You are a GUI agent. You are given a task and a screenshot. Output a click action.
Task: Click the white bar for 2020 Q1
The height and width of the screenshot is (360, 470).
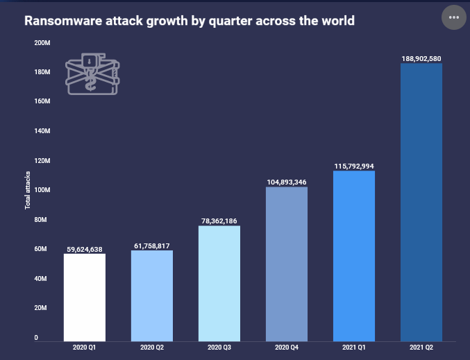point(85,296)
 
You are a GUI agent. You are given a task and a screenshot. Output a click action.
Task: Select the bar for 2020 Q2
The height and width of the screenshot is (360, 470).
point(152,295)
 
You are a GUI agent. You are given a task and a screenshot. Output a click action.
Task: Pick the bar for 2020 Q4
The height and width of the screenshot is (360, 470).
point(287,263)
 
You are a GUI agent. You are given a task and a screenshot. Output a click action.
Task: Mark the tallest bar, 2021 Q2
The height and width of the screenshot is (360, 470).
point(421,201)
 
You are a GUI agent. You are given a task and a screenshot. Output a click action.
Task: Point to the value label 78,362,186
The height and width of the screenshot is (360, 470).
point(219,221)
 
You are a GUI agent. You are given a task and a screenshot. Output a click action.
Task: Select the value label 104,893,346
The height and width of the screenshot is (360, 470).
point(287,182)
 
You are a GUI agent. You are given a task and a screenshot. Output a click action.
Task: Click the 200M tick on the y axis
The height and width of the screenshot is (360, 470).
point(42,42)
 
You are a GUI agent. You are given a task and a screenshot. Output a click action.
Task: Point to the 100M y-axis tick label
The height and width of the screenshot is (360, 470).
point(42,190)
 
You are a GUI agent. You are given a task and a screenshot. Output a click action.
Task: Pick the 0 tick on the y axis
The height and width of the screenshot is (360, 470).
point(36,338)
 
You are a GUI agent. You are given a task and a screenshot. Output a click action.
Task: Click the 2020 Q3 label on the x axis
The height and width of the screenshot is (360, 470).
point(219,346)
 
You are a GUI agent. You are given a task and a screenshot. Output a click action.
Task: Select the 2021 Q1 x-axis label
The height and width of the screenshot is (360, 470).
point(354,346)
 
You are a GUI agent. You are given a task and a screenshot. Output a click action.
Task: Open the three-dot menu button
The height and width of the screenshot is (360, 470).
point(455,17)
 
